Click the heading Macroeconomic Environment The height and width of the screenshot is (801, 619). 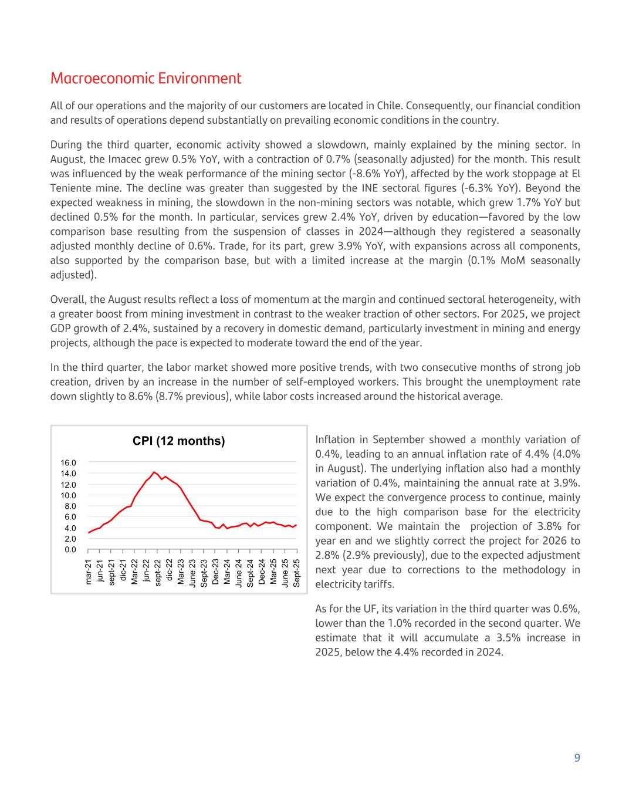(146, 79)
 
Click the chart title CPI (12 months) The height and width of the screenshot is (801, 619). (178, 441)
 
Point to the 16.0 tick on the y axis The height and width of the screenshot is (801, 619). (68, 463)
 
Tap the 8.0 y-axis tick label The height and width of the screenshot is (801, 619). (70, 506)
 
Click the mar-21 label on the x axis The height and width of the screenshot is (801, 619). (89, 572)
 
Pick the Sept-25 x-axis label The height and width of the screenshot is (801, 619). (297, 572)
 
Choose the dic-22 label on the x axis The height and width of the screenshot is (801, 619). (170, 570)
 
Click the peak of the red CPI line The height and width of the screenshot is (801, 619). (154, 472)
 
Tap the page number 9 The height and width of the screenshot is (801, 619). (577, 758)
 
